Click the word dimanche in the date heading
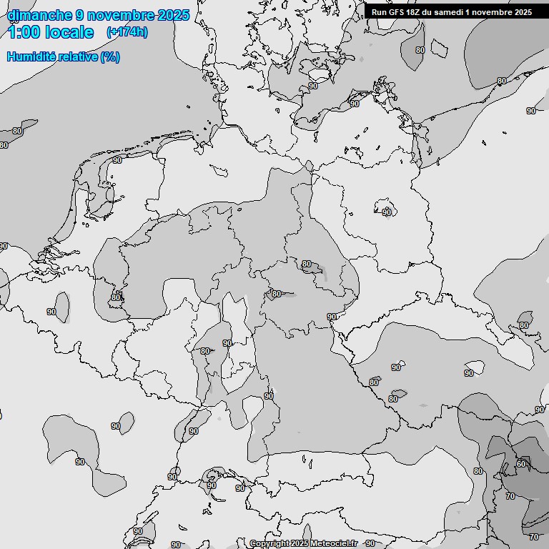[39, 14]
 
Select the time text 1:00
[23, 32]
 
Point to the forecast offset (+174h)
[127, 32]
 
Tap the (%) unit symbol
[110, 56]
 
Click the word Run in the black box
[379, 12]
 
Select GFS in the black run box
[396, 12]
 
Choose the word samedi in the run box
[450, 12]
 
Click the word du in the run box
[430, 12]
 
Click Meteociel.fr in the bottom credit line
[333, 543]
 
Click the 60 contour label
[520, 464]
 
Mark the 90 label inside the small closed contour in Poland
[387, 212]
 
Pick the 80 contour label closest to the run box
[420, 50]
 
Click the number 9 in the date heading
[79, 14]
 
